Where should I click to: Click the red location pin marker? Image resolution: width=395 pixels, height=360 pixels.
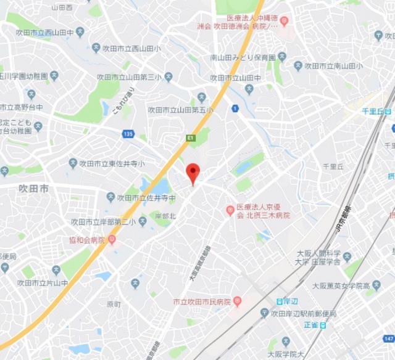(193, 172)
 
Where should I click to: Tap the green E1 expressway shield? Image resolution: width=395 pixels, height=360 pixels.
(191, 138)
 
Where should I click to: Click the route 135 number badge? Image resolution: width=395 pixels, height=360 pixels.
(128, 134)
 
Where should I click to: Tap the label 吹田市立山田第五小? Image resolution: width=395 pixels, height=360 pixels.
(180, 110)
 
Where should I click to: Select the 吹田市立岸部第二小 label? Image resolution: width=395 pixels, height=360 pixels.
(103, 222)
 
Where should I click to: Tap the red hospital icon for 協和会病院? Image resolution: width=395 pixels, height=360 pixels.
(112, 239)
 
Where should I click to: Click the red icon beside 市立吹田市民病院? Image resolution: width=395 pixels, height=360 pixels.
(237, 301)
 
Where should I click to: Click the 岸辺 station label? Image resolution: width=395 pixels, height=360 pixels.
(290, 301)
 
